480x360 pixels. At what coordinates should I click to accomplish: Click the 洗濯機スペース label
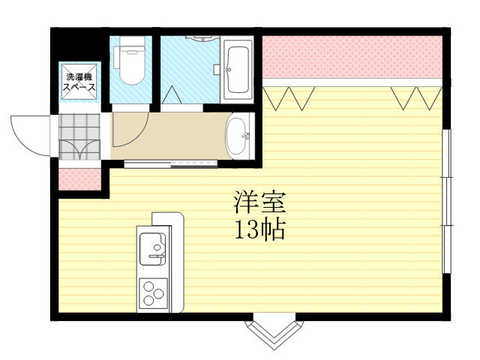pos(79,82)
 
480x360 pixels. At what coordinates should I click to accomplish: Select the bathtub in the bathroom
pos(237,70)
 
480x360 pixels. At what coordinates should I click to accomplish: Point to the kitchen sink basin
pos(152,248)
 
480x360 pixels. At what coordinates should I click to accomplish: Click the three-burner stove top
pos(153,293)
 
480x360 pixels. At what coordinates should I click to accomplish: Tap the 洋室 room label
pos(259,202)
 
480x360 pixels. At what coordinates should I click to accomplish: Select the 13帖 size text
pos(259,229)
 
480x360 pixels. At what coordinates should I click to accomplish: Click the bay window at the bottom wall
pos(274,332)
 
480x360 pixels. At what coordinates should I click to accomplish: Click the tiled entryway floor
pos(79,136)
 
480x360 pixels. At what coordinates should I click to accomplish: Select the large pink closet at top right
pos(352,57)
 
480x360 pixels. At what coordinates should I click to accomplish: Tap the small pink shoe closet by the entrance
pos(79,179)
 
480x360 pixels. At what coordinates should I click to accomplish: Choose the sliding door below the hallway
pos(170,164)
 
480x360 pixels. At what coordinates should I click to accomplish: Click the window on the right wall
pos(447,201)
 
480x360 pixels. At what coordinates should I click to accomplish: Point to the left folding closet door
pos(289,98)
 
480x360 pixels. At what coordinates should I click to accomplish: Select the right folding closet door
pos(416,98)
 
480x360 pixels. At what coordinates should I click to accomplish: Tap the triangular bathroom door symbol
pos(172,94)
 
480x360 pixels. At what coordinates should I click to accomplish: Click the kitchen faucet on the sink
pos(157,256)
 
